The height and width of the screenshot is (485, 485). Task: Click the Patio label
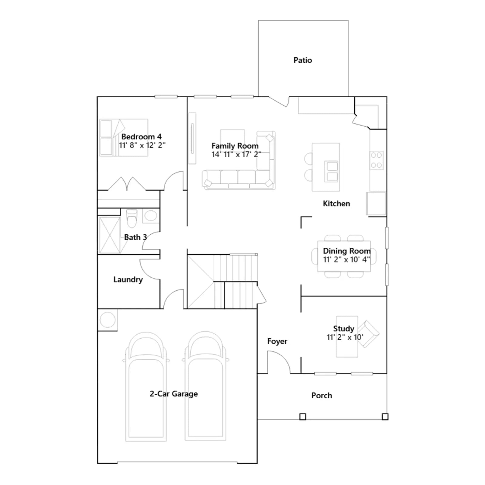[303, 60]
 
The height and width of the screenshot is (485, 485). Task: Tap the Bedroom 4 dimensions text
[142, 145]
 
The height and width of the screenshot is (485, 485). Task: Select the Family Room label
[235, 146]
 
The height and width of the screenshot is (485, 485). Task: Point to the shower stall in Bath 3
[110, 235]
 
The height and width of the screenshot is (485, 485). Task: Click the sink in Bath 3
[151, 216]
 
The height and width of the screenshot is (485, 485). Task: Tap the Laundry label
[128, 279]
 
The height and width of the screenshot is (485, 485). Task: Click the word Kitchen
[336, 203]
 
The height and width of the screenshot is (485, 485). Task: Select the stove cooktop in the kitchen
[376, 160]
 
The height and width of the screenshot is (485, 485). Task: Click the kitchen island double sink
[332, 171]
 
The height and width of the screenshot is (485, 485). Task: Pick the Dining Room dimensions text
[346, 259]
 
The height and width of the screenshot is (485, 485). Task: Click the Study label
[343, 329]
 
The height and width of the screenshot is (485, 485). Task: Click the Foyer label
[277, 341]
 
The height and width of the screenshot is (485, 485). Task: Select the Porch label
[322, 396]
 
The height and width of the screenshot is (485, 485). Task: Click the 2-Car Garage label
[174, 394]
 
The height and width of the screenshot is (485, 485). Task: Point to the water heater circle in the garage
[108, 320]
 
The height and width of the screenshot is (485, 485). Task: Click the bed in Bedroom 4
[124, 138]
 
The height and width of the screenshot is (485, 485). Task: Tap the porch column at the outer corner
[385, 417]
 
